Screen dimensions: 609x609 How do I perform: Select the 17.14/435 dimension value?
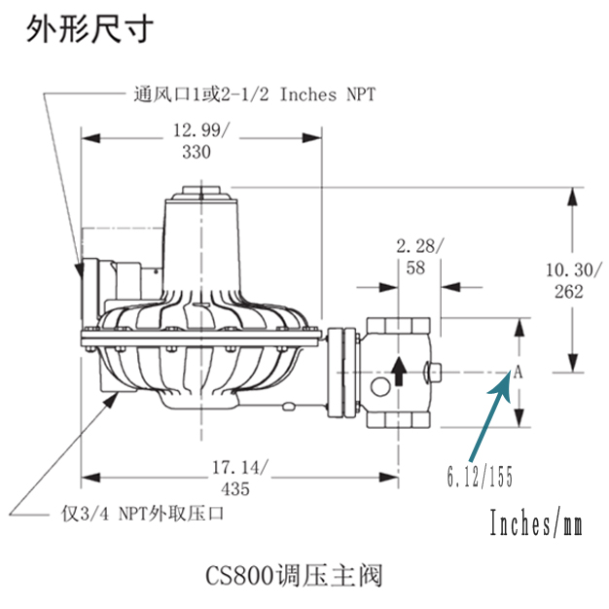coord(237,477)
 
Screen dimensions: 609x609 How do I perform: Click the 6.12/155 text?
coord(480,478)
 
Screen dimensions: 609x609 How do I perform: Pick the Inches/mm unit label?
coord(536,525)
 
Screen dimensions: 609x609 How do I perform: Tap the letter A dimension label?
coord(518,372)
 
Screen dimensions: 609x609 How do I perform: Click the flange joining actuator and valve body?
coord(342,373)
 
